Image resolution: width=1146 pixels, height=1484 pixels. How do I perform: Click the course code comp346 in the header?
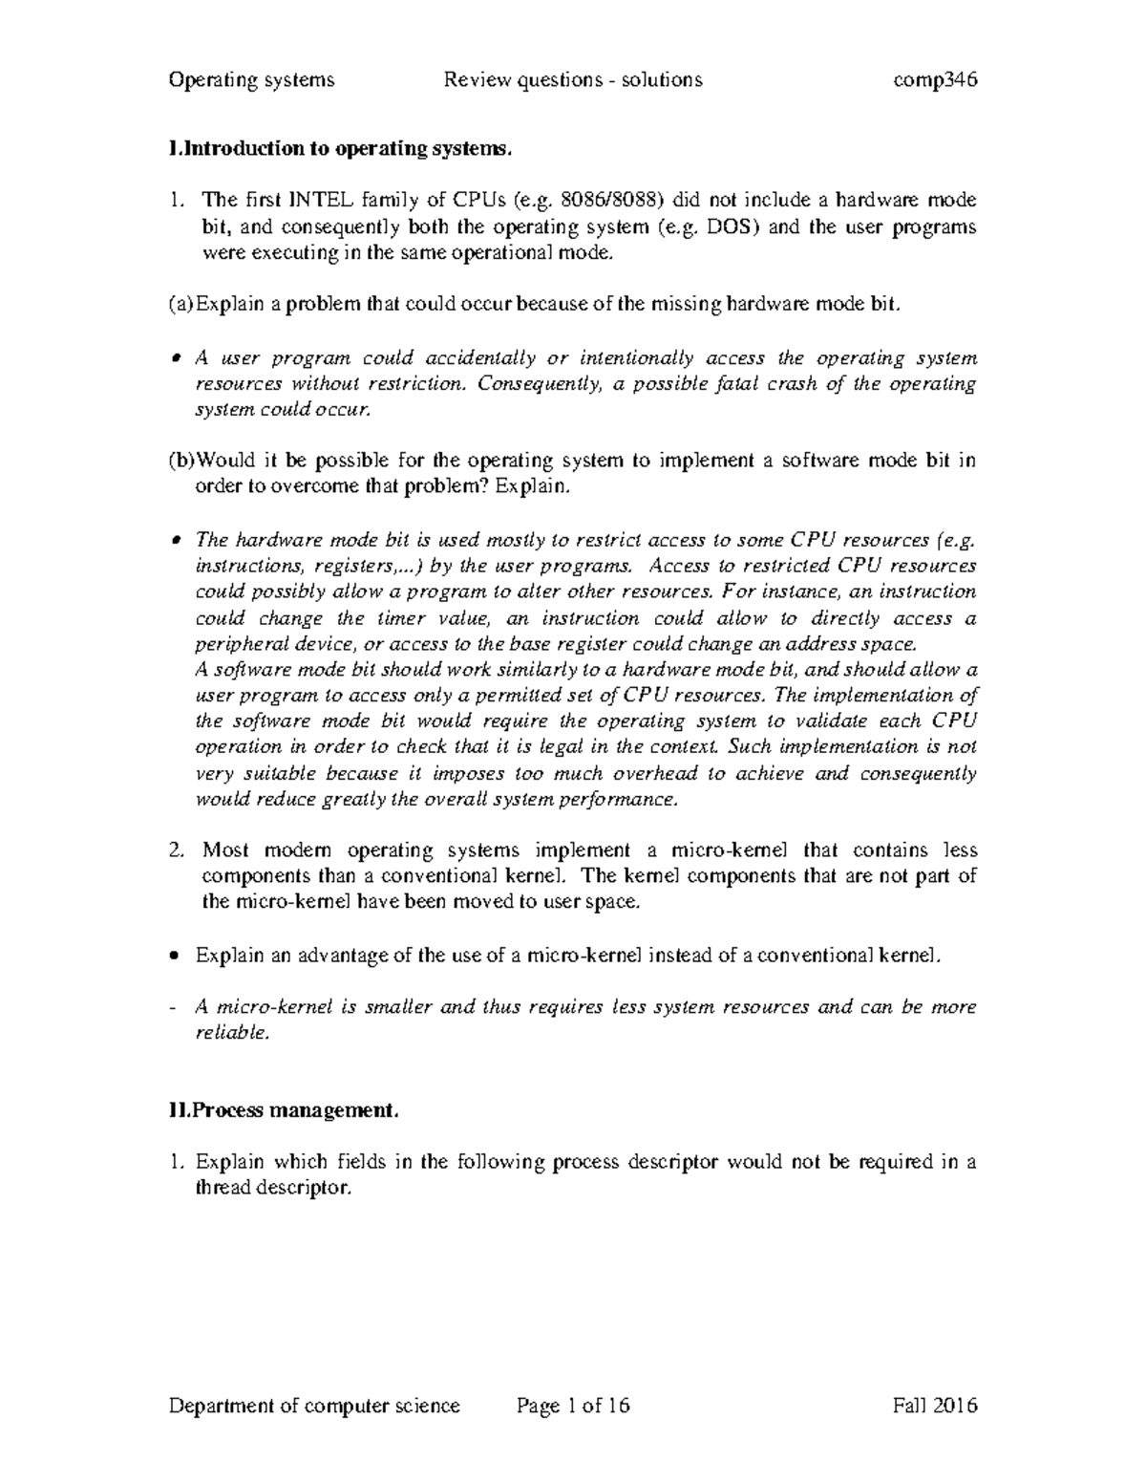tap(934, 80)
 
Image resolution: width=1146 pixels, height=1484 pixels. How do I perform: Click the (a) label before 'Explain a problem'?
tap(180, 305)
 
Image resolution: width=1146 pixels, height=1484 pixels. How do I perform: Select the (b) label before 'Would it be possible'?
tap(180, 461)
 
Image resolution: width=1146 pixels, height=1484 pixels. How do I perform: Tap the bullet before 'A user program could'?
tap(174, 359)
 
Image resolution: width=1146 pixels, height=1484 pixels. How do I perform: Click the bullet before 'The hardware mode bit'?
tap(174, 540)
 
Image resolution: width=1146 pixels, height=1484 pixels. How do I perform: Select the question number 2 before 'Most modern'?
tap(175, 850)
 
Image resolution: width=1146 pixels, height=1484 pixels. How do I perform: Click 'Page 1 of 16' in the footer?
tap(573, 1406)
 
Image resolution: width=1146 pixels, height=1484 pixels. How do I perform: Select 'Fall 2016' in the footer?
tap(934, 1406)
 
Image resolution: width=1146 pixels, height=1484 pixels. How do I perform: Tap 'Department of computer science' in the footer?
tap(314, 1406)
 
